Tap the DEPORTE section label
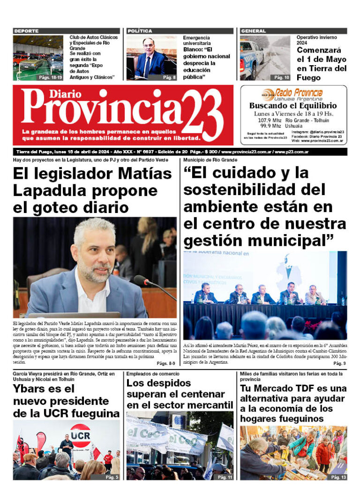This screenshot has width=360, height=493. click(x=27, y=31)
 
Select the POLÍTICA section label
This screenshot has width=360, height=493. click(x=140, y=31)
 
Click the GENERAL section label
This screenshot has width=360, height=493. click(x=253, y=31)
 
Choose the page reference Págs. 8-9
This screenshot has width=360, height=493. click(x=166, y=363)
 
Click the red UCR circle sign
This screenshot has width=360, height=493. click(x=80, y=435)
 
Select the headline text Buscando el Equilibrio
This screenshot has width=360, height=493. click(x=292, y=106)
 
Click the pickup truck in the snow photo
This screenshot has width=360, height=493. click(x=252, y=59)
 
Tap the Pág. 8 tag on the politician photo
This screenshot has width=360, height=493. click(x=169, y=77)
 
